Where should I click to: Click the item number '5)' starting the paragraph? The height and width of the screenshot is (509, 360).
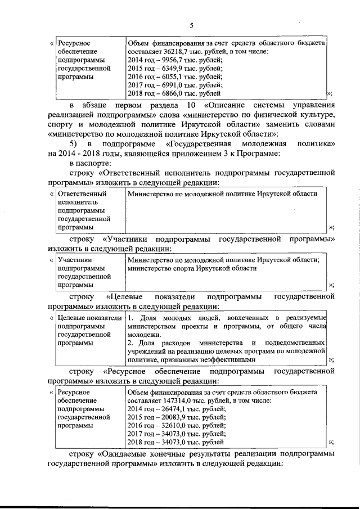click(x=74, y=144)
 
